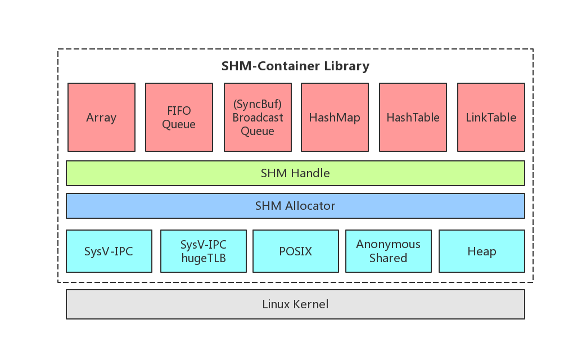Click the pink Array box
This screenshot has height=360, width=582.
(101, 117)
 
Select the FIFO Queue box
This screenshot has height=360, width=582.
(179, 117)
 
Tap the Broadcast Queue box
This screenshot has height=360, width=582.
(258, 117)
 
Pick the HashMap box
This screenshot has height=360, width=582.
(335, 117)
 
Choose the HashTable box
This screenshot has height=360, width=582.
(413, 117)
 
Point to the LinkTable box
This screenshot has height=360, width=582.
(491, 117)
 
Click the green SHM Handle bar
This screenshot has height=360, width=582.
(295, 173)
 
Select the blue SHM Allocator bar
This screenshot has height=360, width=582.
(295, 206)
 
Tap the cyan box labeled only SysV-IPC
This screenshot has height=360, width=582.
(109, 251)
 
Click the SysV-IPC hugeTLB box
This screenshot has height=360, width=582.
(204, 251)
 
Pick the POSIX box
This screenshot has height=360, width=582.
(296, 251)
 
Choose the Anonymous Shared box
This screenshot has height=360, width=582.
(388, 251)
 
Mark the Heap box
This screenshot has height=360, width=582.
(481, 251)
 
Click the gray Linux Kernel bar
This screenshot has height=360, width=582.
(295, 304)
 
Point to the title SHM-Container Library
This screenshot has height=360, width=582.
(295, 66)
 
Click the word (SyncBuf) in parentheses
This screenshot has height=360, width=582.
(258, 104)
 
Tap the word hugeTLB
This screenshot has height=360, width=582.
(204, 258)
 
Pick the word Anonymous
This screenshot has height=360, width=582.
(388, 244)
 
